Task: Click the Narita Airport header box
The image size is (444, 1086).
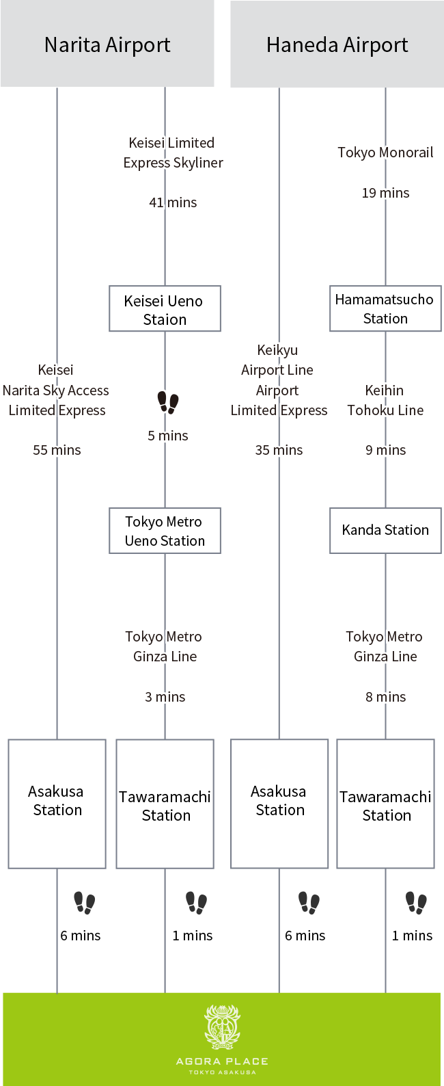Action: (107, 44)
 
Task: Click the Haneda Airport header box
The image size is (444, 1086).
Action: (337, 44)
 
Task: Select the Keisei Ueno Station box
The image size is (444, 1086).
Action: (165, 309)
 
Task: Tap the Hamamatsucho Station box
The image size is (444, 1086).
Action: (385, 308)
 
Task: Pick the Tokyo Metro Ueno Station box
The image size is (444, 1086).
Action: (165, 531)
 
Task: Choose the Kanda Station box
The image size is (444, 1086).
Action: (385, 530)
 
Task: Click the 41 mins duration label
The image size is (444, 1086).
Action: (173, 202)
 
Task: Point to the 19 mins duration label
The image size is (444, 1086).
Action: (386, 193)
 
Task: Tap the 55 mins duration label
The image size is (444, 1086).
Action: (57, 450)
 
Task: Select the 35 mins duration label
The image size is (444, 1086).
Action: (279, 450)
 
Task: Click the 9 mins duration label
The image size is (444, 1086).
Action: (386, 450)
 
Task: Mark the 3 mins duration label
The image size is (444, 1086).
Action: (165, 697)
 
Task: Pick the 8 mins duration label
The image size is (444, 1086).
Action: (386, 697)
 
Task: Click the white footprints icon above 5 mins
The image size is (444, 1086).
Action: (168, 402)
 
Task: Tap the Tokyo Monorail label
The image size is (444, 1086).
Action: (386, 153)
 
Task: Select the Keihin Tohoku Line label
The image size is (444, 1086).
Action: (386, 400)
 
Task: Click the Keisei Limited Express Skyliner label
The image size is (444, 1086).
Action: (173, 153)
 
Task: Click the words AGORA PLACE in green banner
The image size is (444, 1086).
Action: (222, 1061)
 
